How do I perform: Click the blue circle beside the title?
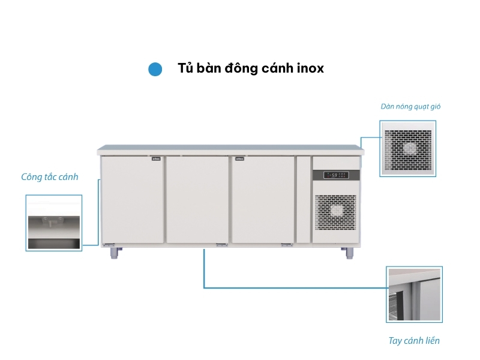155,69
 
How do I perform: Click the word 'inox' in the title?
310,68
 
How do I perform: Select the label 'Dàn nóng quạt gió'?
410,107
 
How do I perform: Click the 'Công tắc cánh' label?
49,177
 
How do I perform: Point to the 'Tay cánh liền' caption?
413,341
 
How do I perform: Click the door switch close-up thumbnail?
54,223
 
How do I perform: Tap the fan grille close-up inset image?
408,148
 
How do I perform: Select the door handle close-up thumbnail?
414,295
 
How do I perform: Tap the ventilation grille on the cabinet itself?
335,213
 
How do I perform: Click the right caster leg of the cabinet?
348,253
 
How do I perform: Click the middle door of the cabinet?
197,199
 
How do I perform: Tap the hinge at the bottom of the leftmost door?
109,244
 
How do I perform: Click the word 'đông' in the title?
241,68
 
